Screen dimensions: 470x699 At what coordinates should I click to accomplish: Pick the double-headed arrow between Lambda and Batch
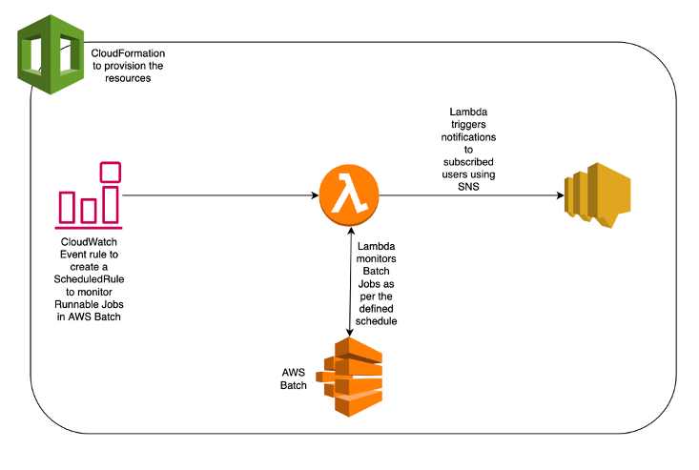(349, 281)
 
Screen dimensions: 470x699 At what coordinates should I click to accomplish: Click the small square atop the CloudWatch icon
(111, 172)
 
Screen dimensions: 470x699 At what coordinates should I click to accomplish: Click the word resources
(129, 78)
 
